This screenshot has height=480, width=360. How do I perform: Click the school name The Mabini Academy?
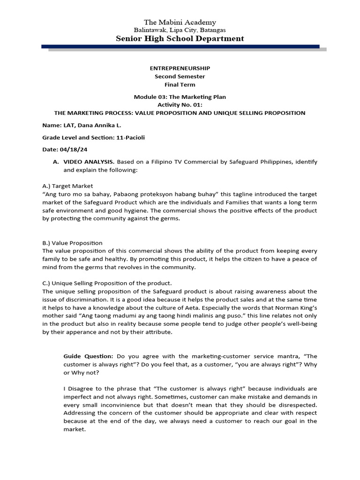coord(180,22)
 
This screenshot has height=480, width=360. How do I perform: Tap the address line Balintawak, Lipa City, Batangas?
coord(180,30)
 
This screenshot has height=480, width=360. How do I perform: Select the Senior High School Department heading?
coord(180,38)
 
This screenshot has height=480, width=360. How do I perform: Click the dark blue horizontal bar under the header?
coord(180,46)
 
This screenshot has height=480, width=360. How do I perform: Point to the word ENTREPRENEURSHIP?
coord(180,68)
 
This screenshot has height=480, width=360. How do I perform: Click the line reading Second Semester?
coord(180,76)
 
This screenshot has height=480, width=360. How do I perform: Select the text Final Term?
coord(180,84)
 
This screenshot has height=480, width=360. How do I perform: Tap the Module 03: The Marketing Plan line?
coord(180,97)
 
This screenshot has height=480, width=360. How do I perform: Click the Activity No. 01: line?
coord(180,105)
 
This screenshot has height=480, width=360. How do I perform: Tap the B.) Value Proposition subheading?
coord(72,243)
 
